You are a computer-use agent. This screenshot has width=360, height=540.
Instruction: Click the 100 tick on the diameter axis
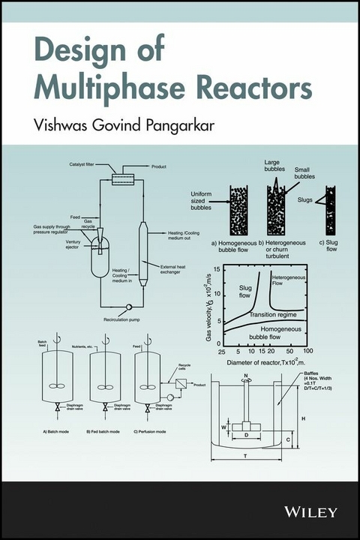click(308, 351)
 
